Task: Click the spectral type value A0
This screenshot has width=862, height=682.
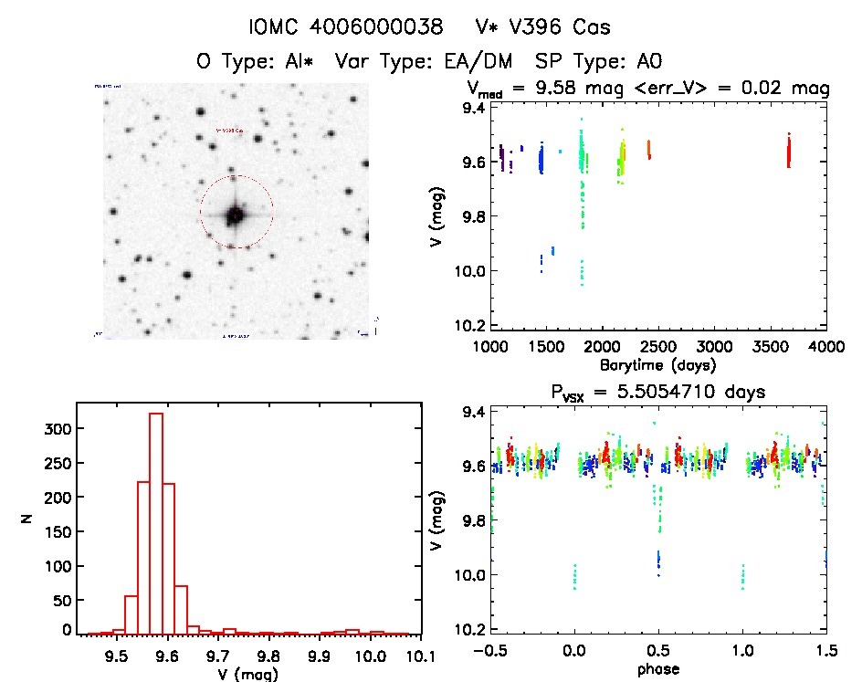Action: coord(649,62)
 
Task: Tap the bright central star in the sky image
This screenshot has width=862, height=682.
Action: coord(236,214)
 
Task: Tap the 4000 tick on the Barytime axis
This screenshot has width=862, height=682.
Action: coord(826,346)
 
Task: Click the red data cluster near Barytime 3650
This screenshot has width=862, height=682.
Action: coord(788,151)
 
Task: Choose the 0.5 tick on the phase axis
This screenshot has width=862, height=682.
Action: coord(658,651)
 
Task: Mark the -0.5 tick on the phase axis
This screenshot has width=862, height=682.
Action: coord(489,651)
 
